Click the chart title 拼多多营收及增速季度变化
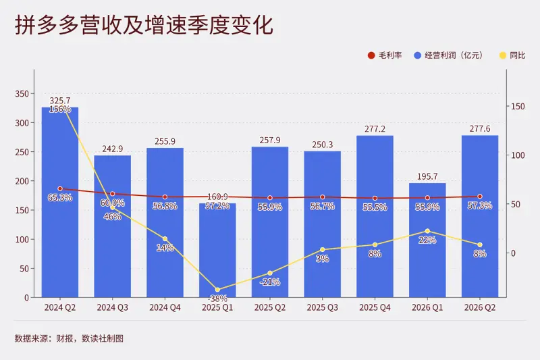click(144, 25)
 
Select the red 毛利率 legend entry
click(385, 55)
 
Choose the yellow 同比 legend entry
click(512, 55)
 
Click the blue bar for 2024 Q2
click(60, 202)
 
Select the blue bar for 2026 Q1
click(427, 240)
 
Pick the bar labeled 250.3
click(323, 224)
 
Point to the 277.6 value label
click(480, 129)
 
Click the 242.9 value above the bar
click(112, 149)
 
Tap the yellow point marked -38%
click(217, 290)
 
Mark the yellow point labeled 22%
click(427, 231)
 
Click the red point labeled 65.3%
click(60, 189)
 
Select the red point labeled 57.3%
click(480, 197)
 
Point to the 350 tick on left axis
click(22, 94)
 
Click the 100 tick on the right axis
click(518, 155)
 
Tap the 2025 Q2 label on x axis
click(270, 307)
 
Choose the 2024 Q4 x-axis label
click(165, 307)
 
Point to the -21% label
click(270, 282)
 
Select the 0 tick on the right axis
click(513, 253)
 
